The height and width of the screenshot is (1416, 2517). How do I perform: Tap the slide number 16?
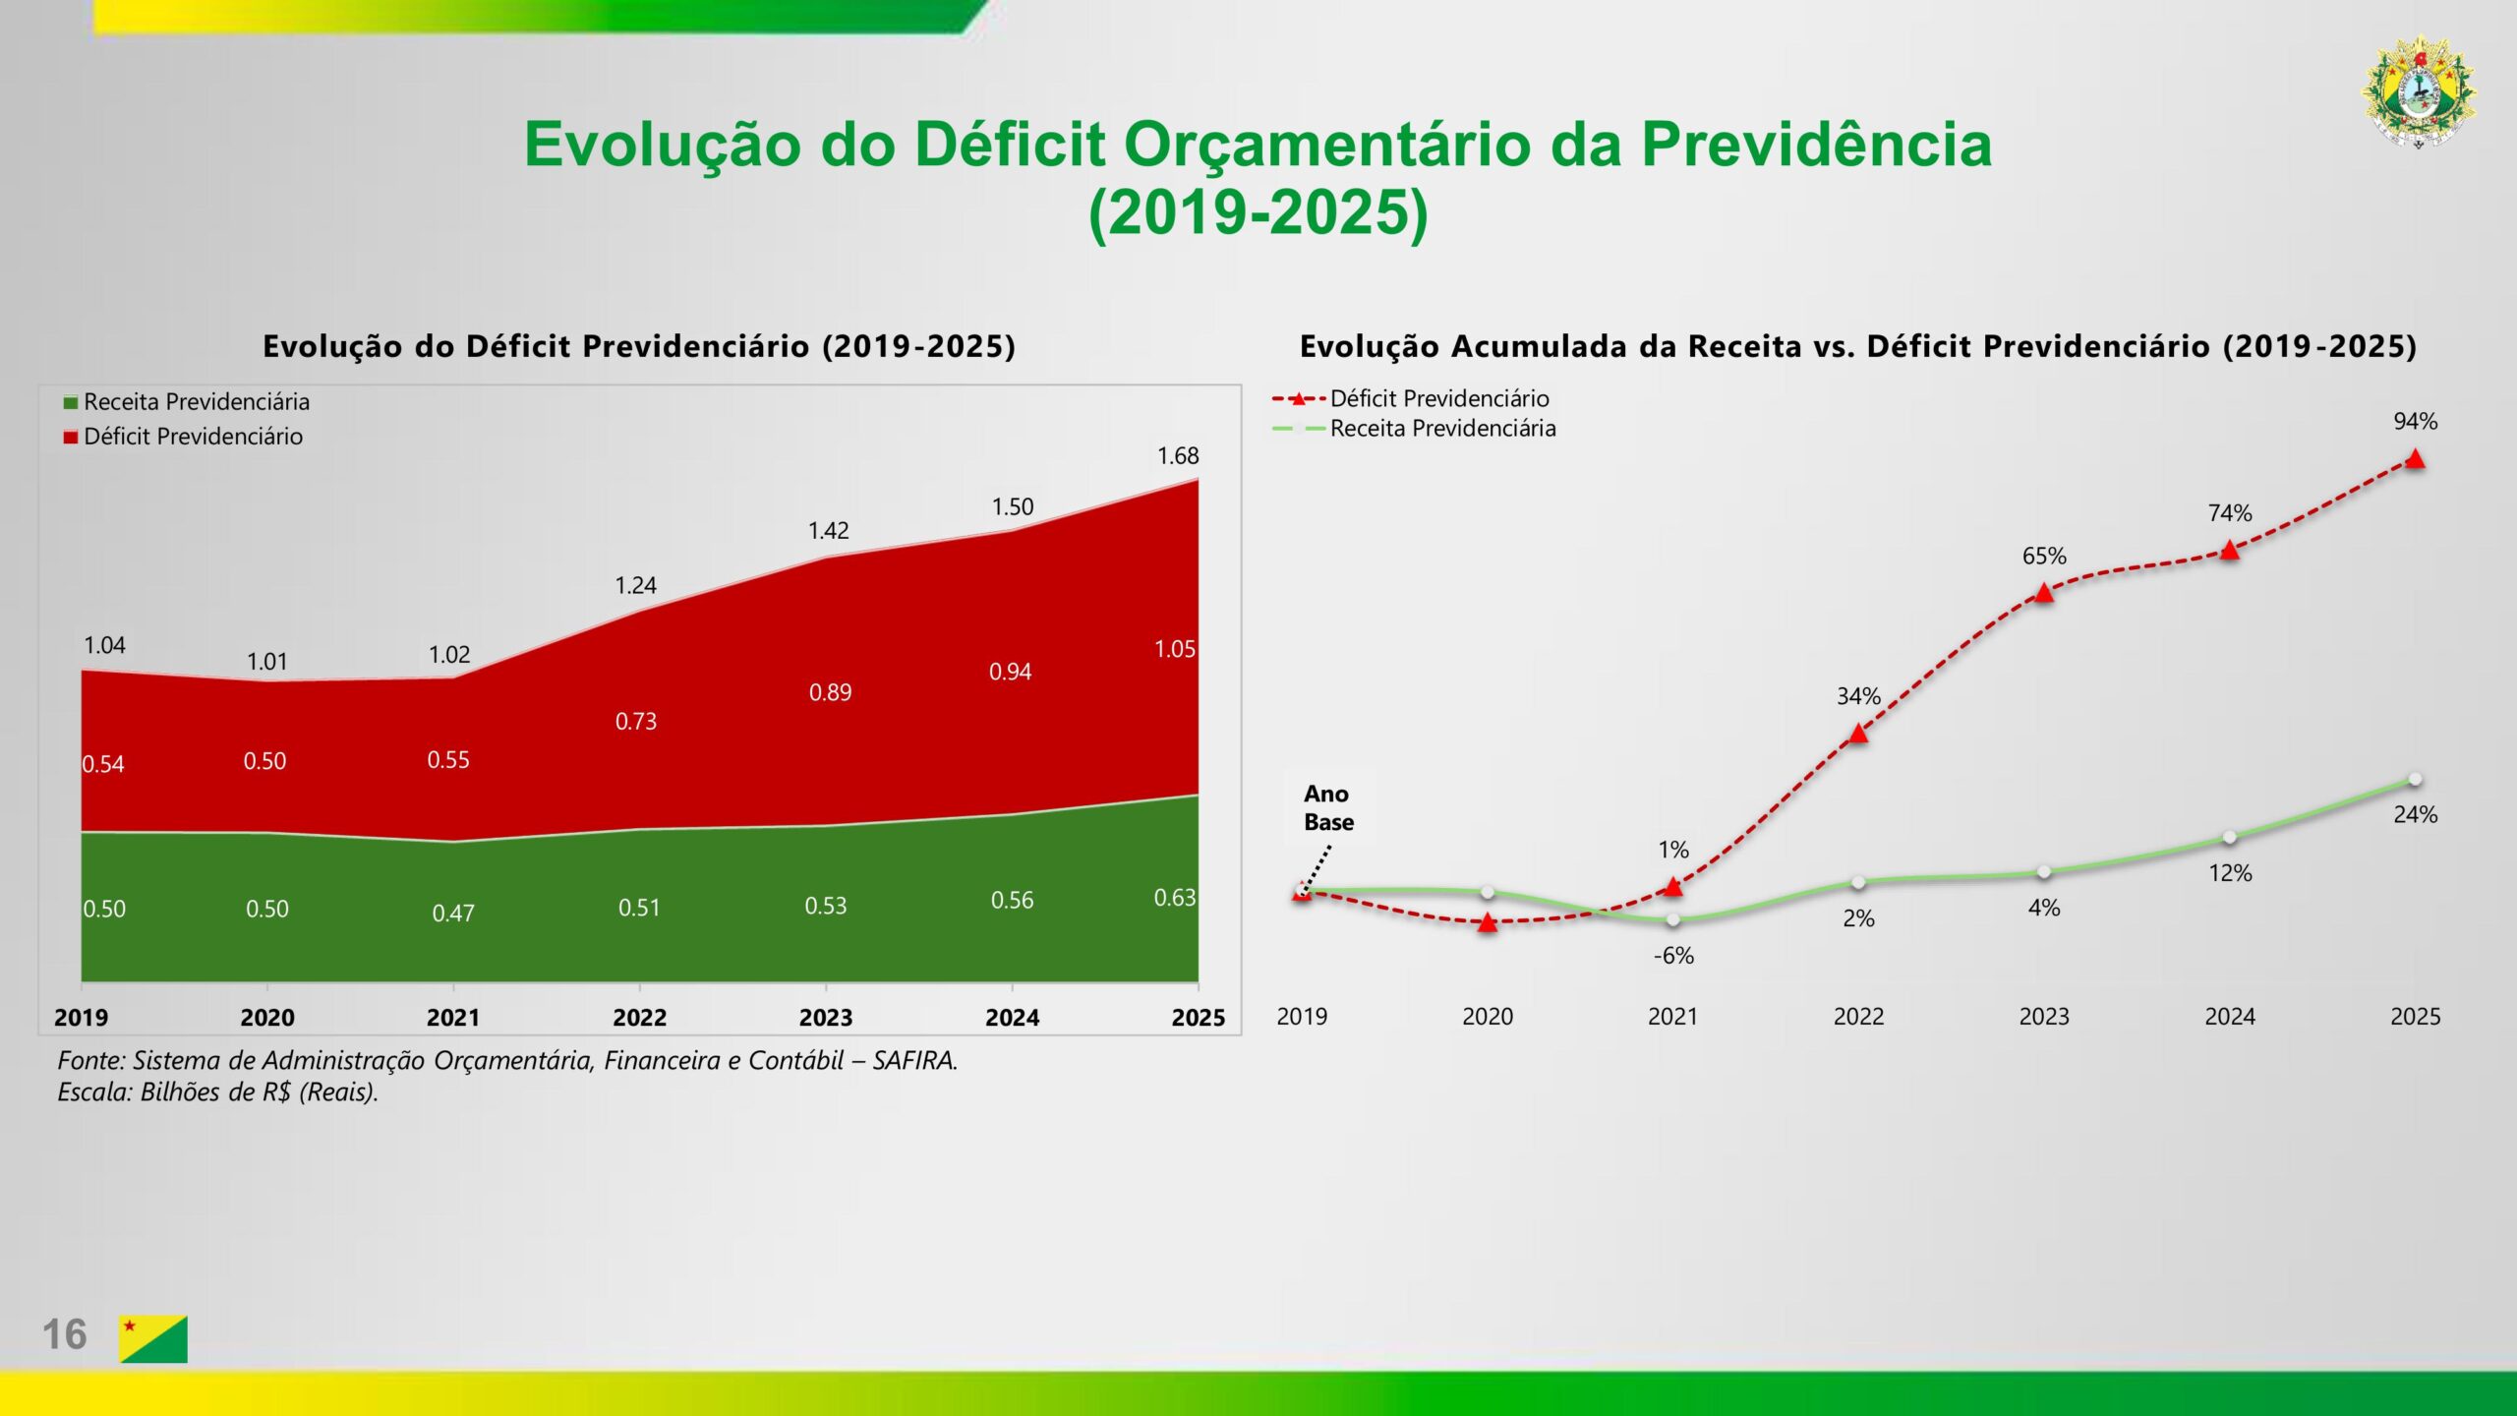click(x=64, y=1334)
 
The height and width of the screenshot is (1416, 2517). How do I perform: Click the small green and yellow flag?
click(x=153, y=1338)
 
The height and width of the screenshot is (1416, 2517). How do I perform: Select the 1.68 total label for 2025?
click(x=1178, y=456)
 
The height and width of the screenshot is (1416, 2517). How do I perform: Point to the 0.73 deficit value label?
click(x=635, y=722)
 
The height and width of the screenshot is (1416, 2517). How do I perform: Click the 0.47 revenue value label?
click(x=452, y=914)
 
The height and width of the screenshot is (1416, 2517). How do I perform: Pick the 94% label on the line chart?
click(x=2415, y=422)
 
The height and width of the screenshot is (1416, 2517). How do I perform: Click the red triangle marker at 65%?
click(x=2044, y=592)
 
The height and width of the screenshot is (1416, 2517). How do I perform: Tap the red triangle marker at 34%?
click(x=1858, y=733)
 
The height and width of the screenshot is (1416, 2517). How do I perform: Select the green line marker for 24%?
click(x=2415, y=780)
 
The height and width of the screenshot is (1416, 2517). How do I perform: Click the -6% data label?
click(x=1673, y=956)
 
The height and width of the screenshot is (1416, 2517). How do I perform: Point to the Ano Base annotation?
click(x=1328, y=808)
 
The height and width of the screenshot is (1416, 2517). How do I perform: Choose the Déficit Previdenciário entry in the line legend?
click(x=1439, y=399)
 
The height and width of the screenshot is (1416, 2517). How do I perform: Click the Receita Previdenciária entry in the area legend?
click(x=197, y=402)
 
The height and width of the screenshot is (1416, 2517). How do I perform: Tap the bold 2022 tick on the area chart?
click(x=639, y=1018)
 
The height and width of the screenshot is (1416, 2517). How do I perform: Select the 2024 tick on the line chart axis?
click(x=2229, y=1017)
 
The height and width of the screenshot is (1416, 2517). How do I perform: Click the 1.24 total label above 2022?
click(x=635, y=586)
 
